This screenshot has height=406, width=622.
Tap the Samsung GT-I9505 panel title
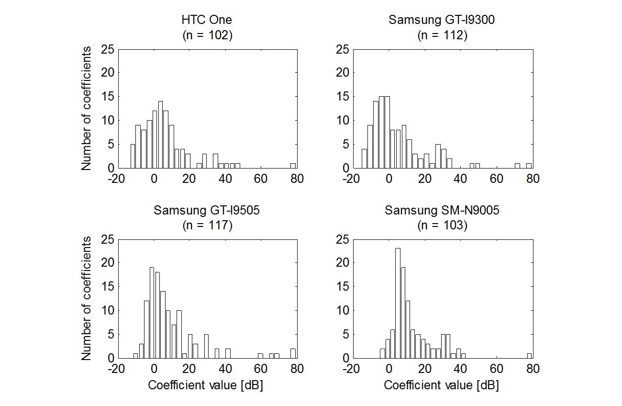(207, 211)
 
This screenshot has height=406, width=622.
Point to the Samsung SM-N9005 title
(442, 211)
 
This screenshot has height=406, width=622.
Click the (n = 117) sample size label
(207, 226)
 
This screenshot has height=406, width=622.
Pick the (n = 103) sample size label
(442, 226)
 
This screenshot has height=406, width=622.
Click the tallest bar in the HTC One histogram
(160, 135)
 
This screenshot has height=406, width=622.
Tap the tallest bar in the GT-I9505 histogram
(152, 313)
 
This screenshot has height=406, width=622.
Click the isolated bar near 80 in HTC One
(293, 166)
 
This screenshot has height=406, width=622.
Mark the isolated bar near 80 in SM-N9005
(529, 356)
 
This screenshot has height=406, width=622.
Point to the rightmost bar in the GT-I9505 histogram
(293, 353)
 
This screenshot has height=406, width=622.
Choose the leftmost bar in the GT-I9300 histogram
(365, 158)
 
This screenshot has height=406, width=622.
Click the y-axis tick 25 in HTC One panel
(108, 49)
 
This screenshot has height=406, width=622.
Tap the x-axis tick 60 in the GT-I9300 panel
(497, 179)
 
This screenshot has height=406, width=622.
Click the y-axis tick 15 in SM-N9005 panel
(343, 286)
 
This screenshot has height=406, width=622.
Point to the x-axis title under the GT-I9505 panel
(206, 385)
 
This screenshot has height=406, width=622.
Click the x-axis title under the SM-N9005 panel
(441, 385)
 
